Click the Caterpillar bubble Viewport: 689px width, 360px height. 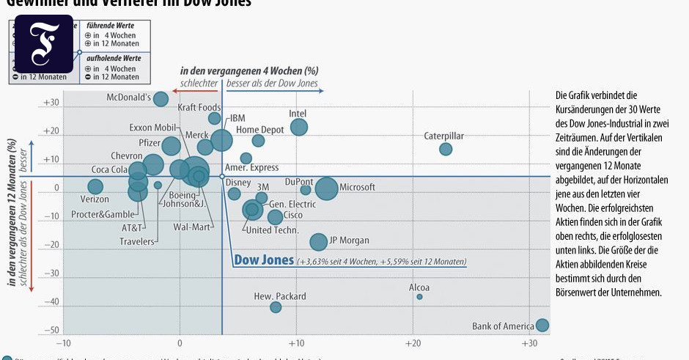point(446,149)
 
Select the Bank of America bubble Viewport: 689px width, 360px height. point(542,326)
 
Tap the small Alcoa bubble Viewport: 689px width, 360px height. point(419,296)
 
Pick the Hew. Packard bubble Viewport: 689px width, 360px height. point(276,307)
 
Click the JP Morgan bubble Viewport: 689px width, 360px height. point(318,242)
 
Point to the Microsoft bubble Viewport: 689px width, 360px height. point(327,188)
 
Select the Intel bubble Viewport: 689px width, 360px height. point(299,127)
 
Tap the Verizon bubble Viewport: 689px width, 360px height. point(95,187)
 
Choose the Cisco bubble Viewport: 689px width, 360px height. point(275,217)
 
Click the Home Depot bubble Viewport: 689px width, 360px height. point(258,141)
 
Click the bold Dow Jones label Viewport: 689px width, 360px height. point(263,260)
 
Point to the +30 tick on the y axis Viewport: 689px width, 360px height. point(51,103)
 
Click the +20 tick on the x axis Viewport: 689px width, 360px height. point(413,343)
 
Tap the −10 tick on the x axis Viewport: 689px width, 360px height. point(64,343)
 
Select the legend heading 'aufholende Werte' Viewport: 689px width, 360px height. point(113,58)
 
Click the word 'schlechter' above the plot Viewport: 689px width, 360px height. point(199,84)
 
